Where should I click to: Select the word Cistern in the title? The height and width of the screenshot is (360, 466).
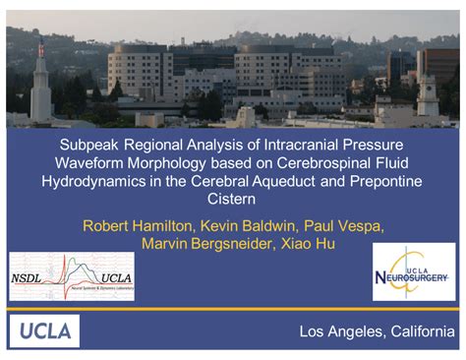[x=232, y=201]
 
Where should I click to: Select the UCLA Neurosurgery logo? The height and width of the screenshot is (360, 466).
[x=414, y=272]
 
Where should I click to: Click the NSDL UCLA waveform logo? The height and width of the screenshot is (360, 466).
[x=72, y=276]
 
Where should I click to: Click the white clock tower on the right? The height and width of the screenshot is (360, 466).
[x=428, y=98]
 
